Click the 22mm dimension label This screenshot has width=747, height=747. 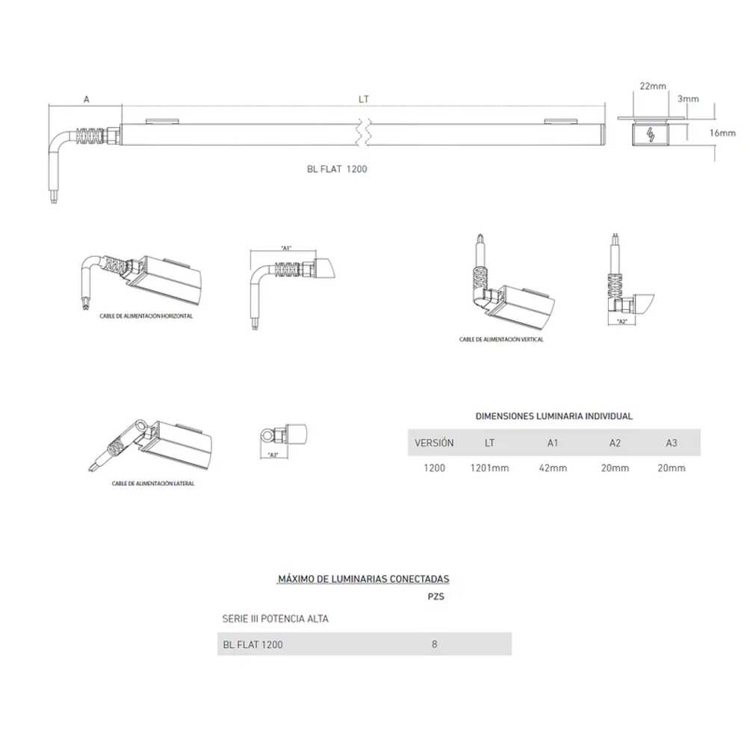pos(653,87)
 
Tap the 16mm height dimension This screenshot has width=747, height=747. pos(722,133)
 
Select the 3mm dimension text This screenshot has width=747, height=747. pos(688,99)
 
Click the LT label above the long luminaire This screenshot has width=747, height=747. pos(364,99)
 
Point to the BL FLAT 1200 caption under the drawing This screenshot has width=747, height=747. pos(337,170)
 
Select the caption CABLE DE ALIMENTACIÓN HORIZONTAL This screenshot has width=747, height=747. pos(146,316)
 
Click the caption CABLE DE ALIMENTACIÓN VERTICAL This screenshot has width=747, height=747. pos(501,339)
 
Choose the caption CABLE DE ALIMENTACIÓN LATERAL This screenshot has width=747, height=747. pos(153,483)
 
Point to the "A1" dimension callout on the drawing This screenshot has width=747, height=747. pos(285,248)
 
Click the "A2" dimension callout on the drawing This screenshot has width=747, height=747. pos(622,321)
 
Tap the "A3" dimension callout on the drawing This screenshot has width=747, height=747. pos(273,455)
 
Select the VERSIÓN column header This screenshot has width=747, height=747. pos(434,443)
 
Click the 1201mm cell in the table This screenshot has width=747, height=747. pos(489,468)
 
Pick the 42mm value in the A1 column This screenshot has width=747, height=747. pos(553,468)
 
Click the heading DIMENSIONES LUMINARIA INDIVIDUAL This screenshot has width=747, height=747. pos(554,416)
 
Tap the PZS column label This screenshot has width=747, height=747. pos(436,597)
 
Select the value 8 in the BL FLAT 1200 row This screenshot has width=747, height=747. pos(435,644)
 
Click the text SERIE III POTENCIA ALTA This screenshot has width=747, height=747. pos(275,619)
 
